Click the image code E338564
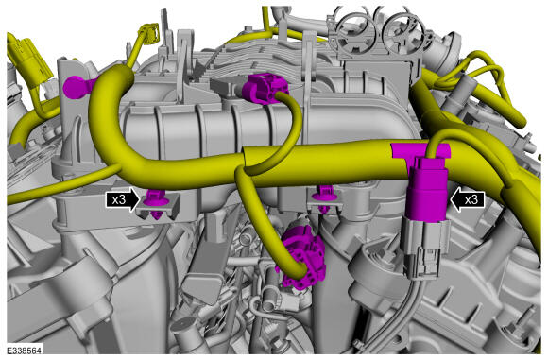pyautogui.click(x=24, y=351)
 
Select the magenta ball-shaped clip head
pyautogui.click(x=75, y=87)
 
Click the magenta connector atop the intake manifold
pyautogui.click(x=266, y=89)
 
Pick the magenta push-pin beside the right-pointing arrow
pyautogui.click(x=155, y=204)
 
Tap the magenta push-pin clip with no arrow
pyautogui.click(x=325, y=197)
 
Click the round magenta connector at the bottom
pyautogui.click(x=303, y=259)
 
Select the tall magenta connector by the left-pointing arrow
pyautogui.click(x=427, y=189)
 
